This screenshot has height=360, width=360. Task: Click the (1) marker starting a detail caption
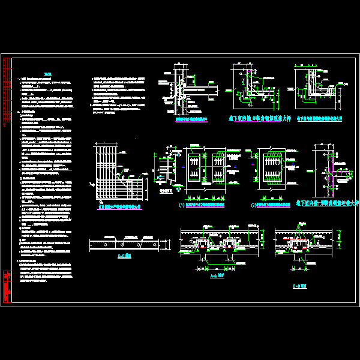pyautogui.click(x=181, y=205)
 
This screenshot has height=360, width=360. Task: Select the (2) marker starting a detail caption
pyautogui.click(x=253, y=205)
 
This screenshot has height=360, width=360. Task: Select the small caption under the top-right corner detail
pyautogui.click(x=319, y=119)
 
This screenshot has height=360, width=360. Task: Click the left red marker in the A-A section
pyautogui.click(x=203, y=246)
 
